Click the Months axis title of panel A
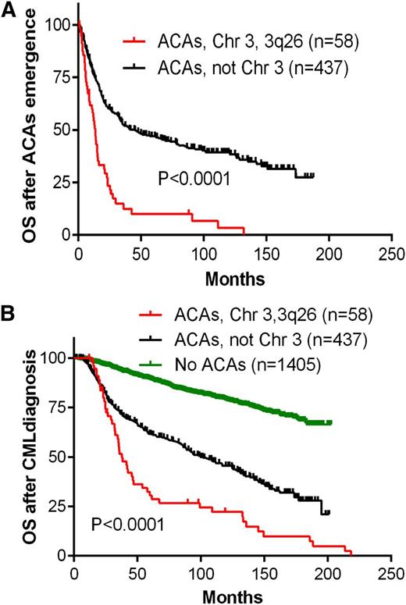pos(234,277)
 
